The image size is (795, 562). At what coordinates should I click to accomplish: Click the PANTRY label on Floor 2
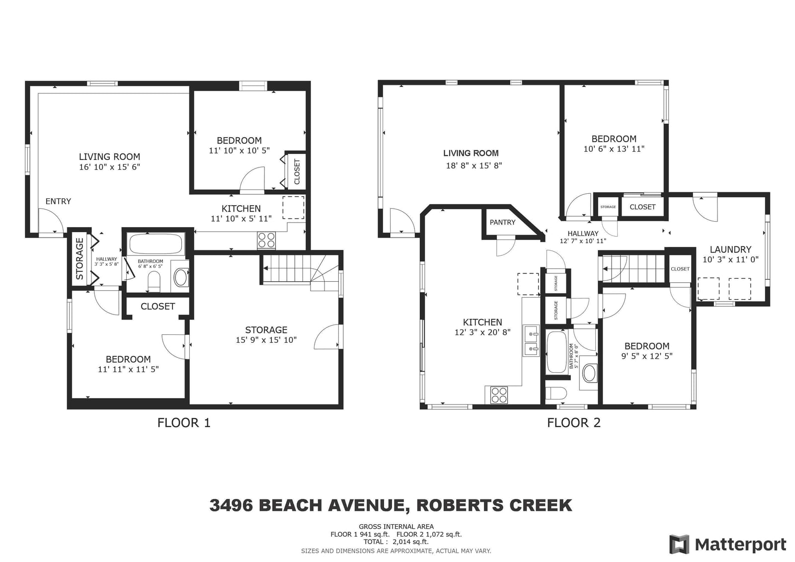click(502, 222)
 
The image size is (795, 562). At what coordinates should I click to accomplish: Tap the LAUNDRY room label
click(730, 249)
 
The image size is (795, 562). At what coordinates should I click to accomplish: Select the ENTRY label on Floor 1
click(58, 201)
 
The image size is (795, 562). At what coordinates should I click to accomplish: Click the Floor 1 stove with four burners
click(266, 240)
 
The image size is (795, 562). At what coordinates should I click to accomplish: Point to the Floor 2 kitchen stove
click(499, 395)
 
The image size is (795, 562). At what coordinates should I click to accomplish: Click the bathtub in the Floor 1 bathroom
click(156, 244)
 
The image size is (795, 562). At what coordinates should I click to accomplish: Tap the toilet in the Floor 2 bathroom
click(556, 394)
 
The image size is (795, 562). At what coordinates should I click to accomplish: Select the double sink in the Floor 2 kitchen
click(531, 340)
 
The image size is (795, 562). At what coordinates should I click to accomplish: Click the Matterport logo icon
click(679, 544)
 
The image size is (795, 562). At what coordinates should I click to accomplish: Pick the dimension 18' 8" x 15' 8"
click(474, 165)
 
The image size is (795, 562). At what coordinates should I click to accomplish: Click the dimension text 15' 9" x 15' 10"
click(266, 340)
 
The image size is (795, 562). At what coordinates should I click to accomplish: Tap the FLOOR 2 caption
click(573, 422)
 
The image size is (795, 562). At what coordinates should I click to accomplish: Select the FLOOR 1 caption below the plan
click(184, 422)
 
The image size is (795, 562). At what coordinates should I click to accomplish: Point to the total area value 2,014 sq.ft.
click(410, 542)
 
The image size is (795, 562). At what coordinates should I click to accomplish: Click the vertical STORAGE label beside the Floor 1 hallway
click(79, 258)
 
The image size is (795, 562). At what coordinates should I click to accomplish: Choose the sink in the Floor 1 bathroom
click(180, 277)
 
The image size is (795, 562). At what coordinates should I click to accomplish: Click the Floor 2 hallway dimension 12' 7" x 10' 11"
click(583, 241)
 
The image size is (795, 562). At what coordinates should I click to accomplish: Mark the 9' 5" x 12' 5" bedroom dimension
click(646, 356)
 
